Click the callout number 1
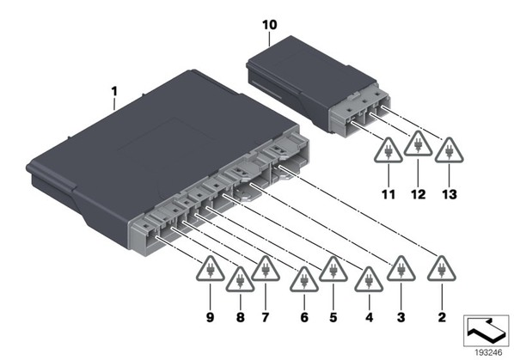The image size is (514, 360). click(114, 91)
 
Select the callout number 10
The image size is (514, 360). click(269, 25)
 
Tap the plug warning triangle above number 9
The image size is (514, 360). click(211, 269)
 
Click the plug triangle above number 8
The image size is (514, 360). click(240, 279)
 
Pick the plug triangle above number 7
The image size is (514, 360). click(266, 269)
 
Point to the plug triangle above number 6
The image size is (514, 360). click(304, 279)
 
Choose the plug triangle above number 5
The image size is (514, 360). click(333, 269)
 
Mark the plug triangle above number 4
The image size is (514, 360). click(369, 279)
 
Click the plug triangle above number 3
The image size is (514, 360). click(401, 269)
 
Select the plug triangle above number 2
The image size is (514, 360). click(442, 269)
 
